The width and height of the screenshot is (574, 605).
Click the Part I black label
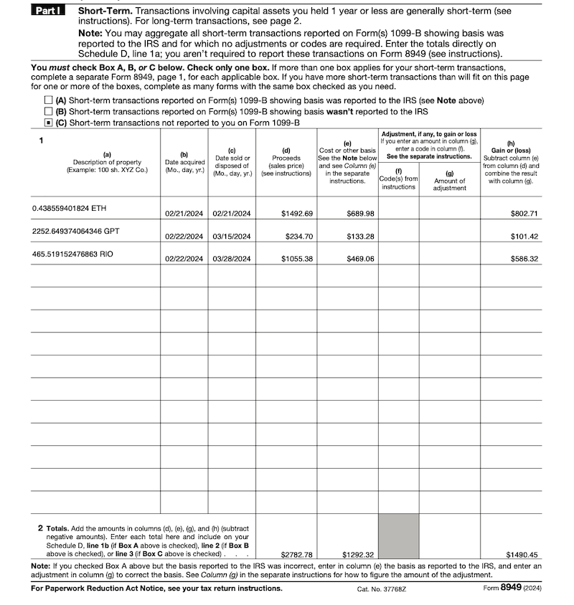click(48, 12)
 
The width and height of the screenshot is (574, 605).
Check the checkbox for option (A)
click(48, 100)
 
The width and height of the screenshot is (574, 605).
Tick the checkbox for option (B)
click(48, 111)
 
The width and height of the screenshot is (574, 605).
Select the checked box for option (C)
click(48, 123)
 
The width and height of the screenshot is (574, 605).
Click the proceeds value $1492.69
click(297, 214)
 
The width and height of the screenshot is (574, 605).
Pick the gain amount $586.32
click(524, 259)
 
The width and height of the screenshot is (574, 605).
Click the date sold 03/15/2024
click(232, 237)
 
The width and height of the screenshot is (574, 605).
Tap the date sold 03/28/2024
click(232, 259)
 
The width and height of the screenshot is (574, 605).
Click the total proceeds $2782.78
click(297, 554)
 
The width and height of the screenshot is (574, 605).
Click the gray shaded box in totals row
click(398, 536)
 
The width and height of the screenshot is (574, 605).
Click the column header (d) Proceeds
click(286, 161)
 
